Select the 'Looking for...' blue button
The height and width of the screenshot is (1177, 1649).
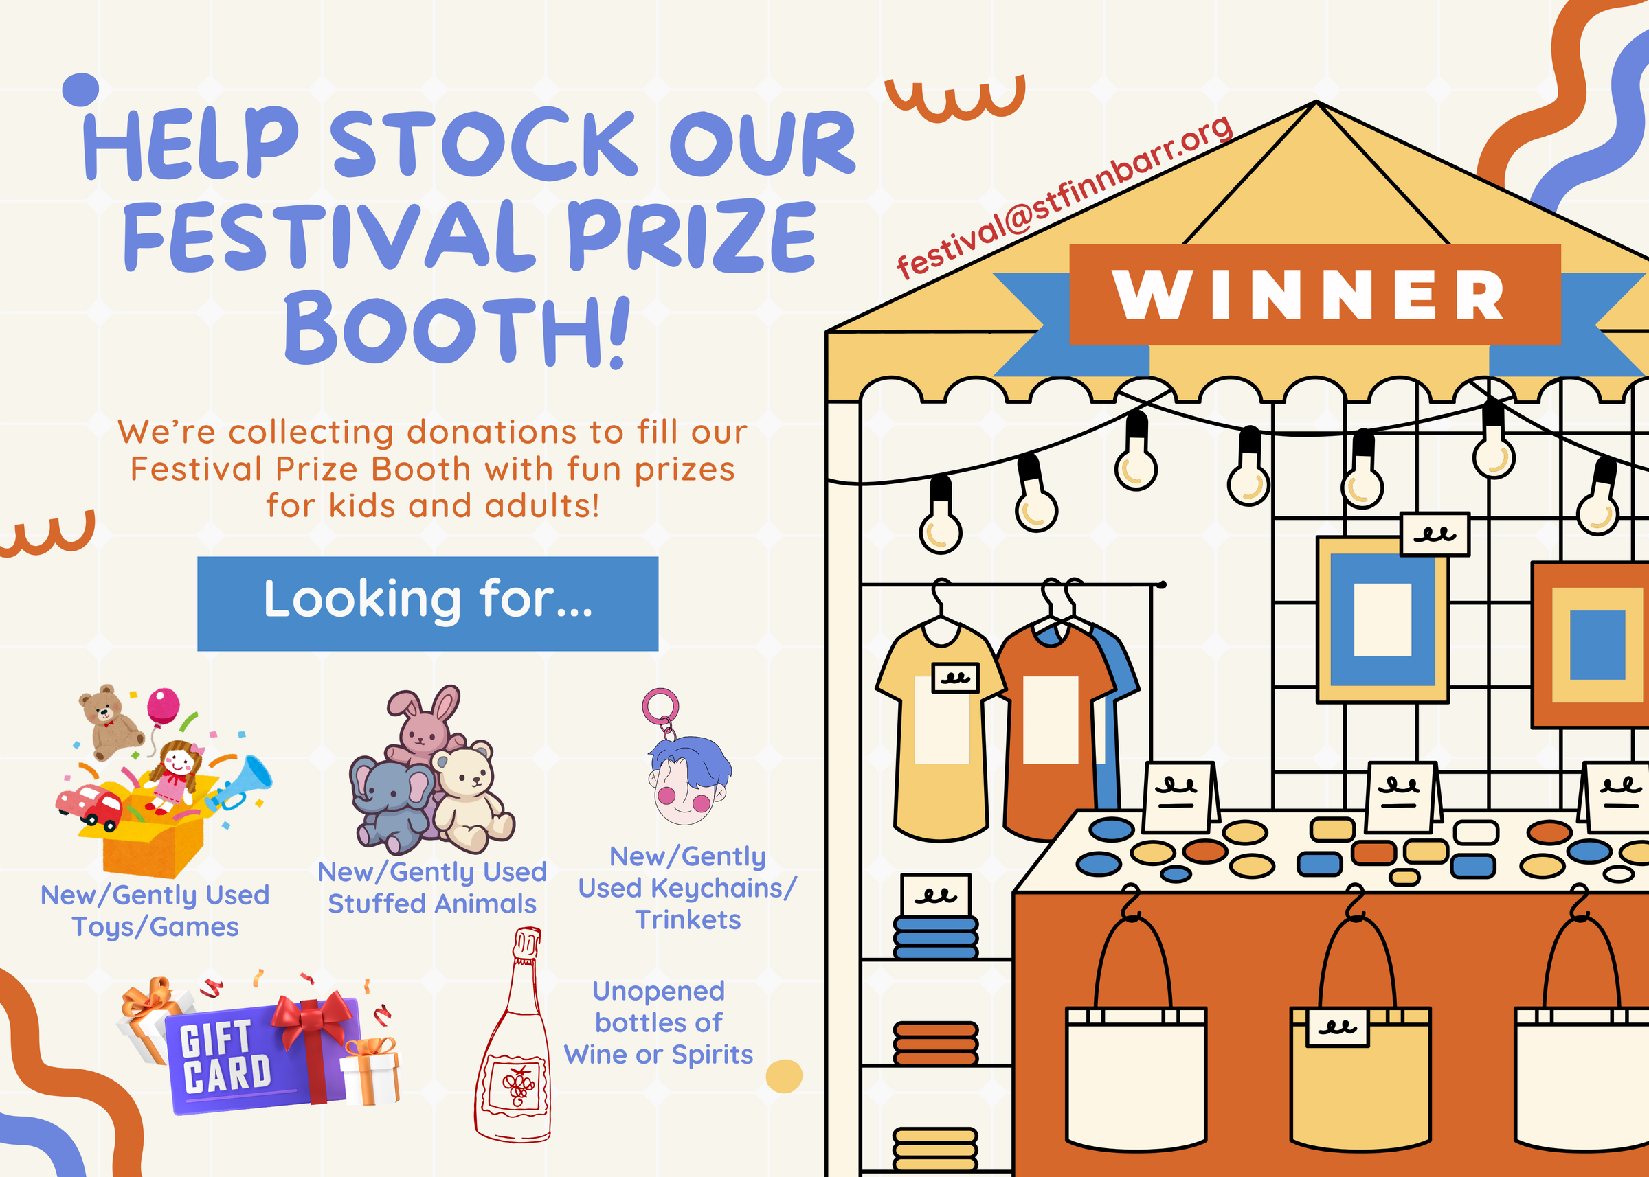pos(428,604)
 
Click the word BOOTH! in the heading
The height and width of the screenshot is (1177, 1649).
pos(457,328)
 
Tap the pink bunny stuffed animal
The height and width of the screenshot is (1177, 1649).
pos(424,724)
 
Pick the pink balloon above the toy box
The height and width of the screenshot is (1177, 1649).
pos(163,705)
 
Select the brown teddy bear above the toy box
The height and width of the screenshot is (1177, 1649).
pos(110,721)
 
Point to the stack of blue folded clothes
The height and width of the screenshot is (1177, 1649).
pos(935,937)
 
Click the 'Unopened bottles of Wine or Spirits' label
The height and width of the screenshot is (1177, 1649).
pos(658,1022)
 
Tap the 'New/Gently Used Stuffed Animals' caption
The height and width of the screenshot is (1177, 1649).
pos(432,888)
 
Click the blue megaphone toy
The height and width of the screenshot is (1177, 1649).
pos(239,783)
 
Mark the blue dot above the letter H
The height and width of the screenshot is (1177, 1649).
pos(80,90)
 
